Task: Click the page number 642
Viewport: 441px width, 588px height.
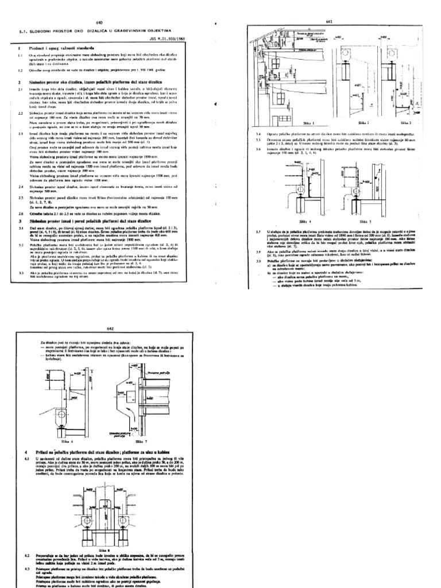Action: (111, 329)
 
